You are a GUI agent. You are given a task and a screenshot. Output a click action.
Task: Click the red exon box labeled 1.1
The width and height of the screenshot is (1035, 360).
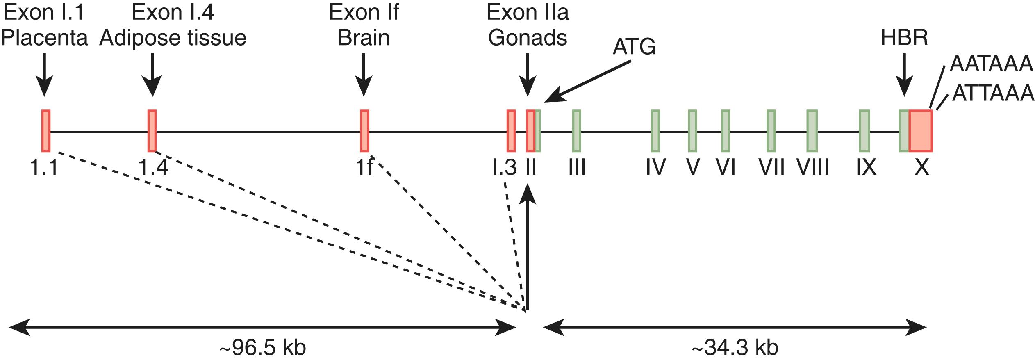pos(46,131)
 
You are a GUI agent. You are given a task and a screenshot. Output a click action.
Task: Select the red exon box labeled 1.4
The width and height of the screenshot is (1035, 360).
pos(152,131)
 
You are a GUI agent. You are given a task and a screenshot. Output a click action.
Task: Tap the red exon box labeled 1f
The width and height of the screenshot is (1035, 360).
pos(364,131)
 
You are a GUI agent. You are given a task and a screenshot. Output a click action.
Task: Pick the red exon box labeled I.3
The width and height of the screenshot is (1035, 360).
pos(511,131)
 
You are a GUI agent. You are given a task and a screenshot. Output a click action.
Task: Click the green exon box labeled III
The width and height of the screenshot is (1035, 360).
pos(577,131)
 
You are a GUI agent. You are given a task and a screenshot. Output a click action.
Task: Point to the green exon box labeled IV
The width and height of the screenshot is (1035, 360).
pos(655,131)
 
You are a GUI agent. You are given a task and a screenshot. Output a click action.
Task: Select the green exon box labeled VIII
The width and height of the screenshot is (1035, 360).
pos(812,131)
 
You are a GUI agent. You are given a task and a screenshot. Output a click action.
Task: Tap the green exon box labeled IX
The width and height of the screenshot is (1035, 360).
pos(864,131)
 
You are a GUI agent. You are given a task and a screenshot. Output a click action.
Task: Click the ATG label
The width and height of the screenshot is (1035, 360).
pos(634,48)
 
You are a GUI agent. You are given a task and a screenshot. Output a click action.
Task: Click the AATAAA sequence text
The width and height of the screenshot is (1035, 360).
pos(991,64)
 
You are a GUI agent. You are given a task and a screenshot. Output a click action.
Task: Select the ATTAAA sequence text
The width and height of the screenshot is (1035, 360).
pos(993,93)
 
